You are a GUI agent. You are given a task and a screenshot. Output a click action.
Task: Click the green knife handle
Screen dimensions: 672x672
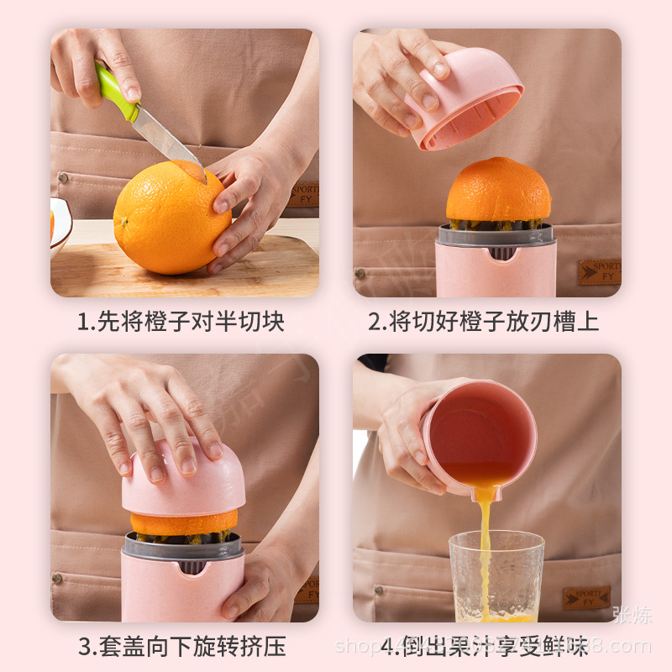pos(117,92)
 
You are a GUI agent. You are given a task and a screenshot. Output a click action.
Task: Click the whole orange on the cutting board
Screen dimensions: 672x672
pos(172,218)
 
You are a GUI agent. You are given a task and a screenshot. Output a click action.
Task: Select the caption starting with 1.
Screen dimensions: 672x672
pos(181,321)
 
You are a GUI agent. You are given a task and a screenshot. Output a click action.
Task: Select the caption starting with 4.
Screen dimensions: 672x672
pos(485,646)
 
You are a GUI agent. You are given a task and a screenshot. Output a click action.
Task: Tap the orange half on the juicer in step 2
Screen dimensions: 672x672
pos(498,191)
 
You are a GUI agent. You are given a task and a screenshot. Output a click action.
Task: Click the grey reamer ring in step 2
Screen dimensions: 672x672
pos(496,234)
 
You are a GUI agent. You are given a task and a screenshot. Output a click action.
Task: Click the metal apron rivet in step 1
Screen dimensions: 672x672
pos(63,178)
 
